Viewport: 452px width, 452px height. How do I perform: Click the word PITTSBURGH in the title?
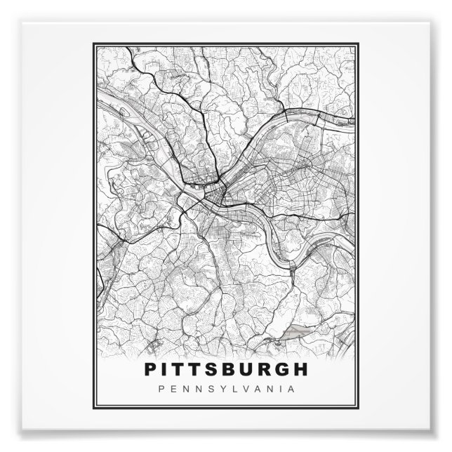(x=225, y=369)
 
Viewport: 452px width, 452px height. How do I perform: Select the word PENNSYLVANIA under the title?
(x=225, y=388)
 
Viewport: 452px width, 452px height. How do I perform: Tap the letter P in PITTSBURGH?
(x=150, y=369)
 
